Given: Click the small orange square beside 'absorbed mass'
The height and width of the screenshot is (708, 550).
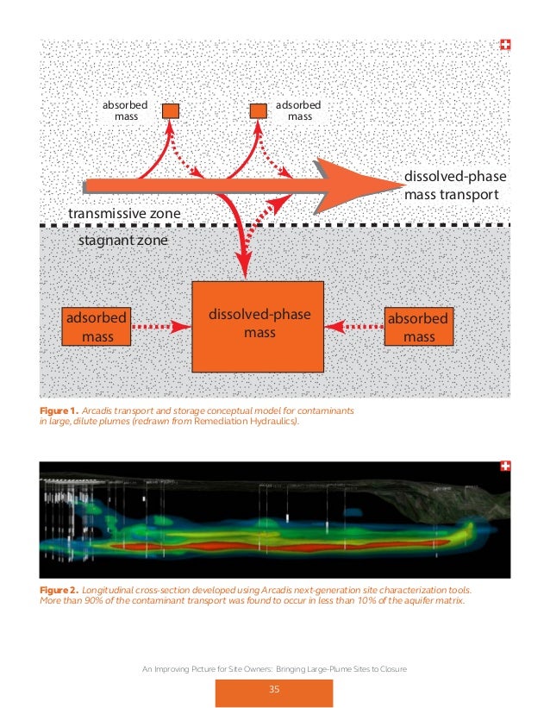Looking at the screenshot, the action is tap(171, 110).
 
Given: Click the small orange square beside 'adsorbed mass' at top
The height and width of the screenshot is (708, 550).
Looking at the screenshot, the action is tap(257, 110).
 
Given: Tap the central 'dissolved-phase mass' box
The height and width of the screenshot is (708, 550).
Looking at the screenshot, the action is tap(259, 323).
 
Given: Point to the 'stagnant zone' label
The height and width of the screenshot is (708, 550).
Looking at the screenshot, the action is tap(123, 241).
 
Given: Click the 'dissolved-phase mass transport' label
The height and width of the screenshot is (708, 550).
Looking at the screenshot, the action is tap(455, 185).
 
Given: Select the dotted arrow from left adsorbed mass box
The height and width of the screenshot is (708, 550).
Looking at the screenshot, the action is tap(160, 327).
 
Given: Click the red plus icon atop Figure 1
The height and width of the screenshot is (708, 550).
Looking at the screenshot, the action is tap(505, 45).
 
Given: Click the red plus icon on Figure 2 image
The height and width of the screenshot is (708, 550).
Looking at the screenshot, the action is tap(505, 467).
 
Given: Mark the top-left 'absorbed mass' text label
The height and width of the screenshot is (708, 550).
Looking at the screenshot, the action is tap(125, 110).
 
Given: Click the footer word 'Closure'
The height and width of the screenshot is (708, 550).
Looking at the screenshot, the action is tap(389, 669).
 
